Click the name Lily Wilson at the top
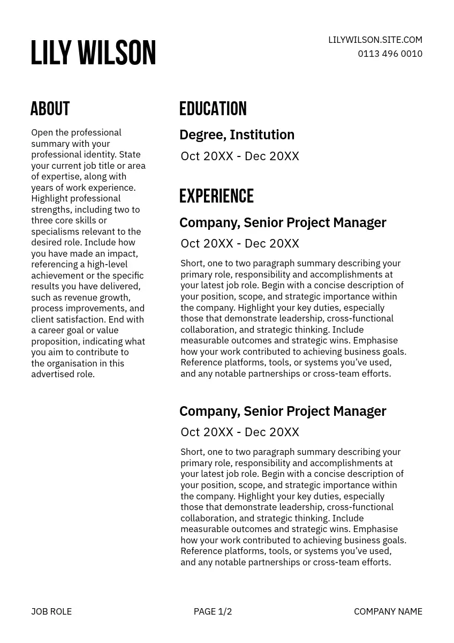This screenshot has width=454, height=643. coord(93,53)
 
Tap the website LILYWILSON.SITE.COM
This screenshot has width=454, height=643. coord(375,40)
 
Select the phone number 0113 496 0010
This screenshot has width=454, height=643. coord(390,54)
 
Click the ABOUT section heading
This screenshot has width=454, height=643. coord(50,109)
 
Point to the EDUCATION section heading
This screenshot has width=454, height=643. coord(213,109)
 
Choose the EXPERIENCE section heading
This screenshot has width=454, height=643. coord(216,196)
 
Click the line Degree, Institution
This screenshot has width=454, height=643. coord(237,134)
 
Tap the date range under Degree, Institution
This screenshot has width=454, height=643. coord(239,156)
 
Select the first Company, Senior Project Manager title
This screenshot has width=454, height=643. coord(283,222)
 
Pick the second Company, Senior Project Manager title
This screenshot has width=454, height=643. coord(283,411)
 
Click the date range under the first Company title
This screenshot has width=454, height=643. coord(239,243)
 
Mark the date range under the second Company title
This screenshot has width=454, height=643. coord(239,432)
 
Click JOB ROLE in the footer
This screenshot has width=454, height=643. coord(51,611)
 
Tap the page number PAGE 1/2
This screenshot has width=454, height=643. coord(213,611)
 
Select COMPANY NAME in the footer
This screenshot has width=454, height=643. coord(388,611)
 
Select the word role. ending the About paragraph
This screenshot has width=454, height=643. coord(86,375)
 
